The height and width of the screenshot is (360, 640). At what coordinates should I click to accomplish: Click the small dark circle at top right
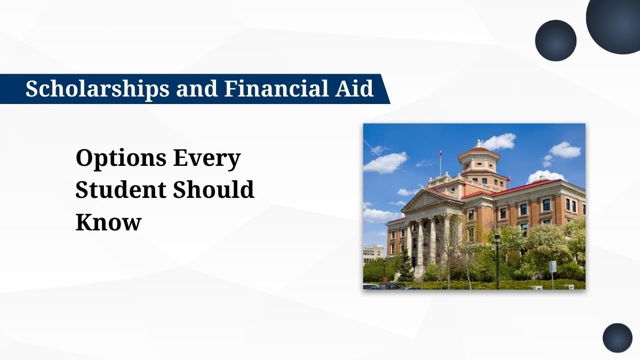tap(556, 41)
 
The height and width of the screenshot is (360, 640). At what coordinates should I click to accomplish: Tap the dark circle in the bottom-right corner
tap(617, 338)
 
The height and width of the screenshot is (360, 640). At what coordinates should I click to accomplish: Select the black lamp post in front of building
tap(497, 259)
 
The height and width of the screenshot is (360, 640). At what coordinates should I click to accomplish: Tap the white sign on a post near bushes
tap(553, 266)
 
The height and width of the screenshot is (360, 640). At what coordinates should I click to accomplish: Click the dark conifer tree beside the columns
tap(405, 266)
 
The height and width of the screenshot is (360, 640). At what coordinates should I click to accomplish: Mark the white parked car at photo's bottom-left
tap(369, 287)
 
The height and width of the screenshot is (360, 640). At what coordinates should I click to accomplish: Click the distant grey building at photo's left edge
tap(372, 254)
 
